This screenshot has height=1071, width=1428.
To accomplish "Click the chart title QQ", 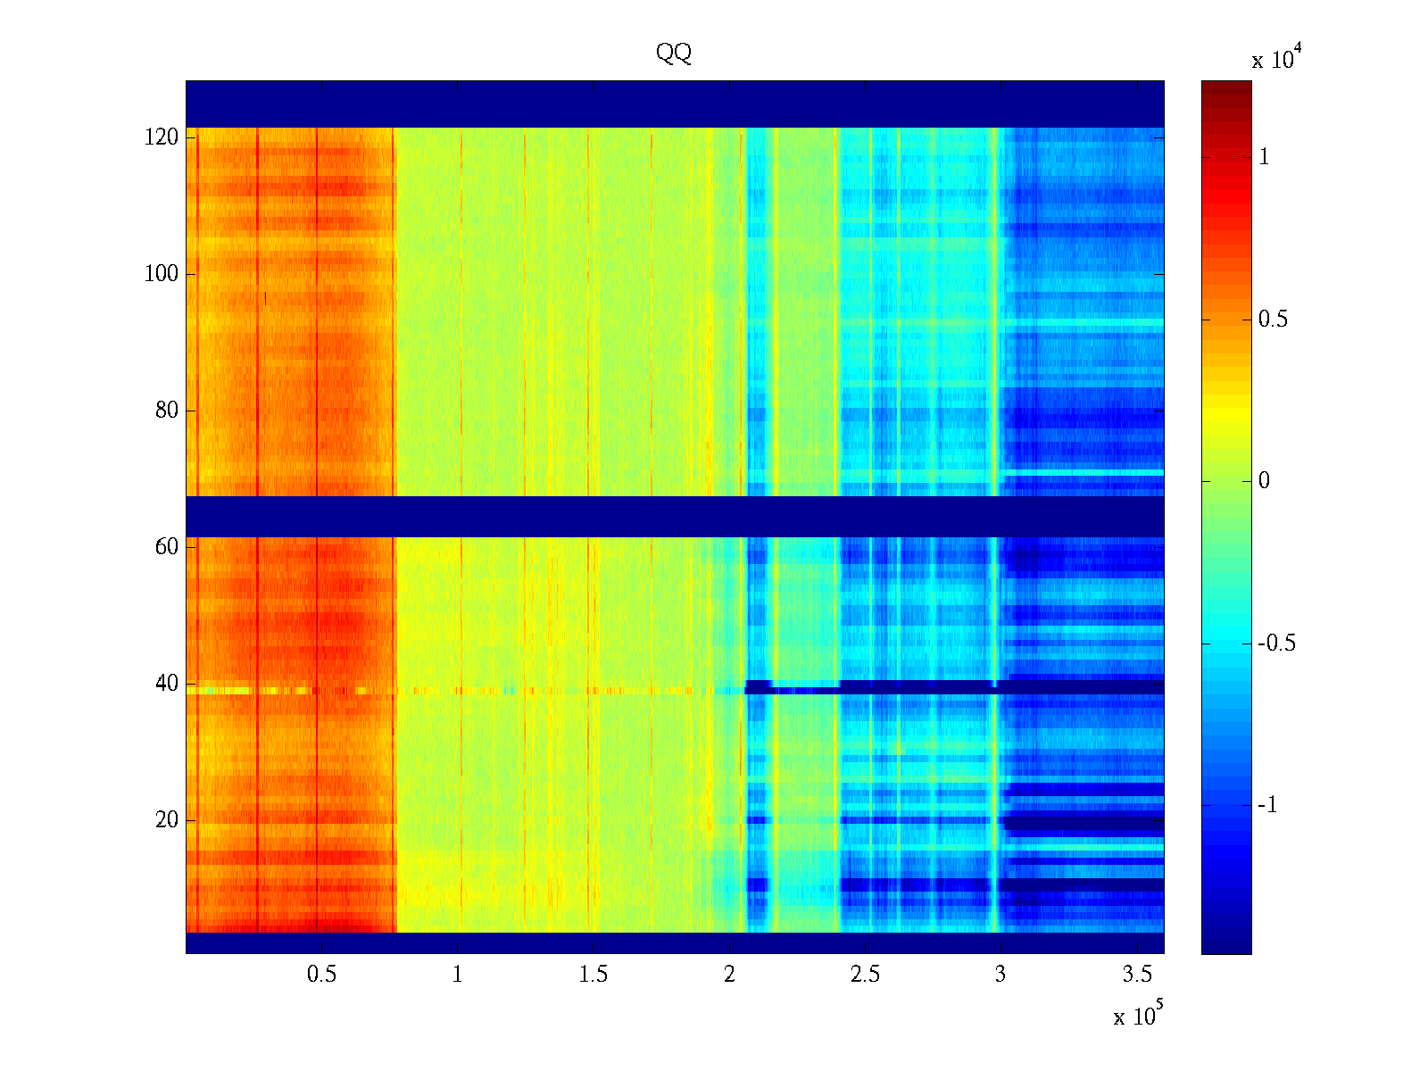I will (x=674, y=54).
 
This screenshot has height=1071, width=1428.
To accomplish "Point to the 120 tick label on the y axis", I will (x=162, y=137).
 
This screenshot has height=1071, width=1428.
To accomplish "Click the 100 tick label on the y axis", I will (x=162, y=274).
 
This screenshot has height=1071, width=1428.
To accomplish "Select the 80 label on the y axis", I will (x=167, y=411).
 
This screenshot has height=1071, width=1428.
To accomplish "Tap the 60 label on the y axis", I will (x=167, y=547).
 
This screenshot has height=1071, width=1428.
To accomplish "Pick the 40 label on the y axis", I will (x=167, y=684).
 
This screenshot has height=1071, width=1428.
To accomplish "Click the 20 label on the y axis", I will (x=167, y=820).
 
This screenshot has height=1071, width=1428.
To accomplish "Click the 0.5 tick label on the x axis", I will (x=321, y=975).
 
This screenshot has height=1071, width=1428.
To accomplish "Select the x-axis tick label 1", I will (x=458, y=975).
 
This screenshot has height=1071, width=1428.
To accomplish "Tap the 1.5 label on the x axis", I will (x=593, y=975).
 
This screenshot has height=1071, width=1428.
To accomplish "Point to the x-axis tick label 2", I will (x=729, y=975).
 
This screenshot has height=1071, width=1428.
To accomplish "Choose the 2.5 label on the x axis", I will (x=865, y=975).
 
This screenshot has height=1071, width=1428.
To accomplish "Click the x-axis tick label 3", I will (x=1000, y=975).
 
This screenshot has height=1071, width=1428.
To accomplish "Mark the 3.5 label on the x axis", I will (x=1137, y=975).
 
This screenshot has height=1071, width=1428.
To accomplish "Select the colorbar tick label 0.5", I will (x=1273, y=320).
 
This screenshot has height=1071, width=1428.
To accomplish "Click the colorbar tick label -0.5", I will (x=1276, y=643).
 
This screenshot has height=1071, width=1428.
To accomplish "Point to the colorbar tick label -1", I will (x=1266, y=805).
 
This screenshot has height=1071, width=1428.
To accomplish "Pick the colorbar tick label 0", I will (x=1264, y=481).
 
